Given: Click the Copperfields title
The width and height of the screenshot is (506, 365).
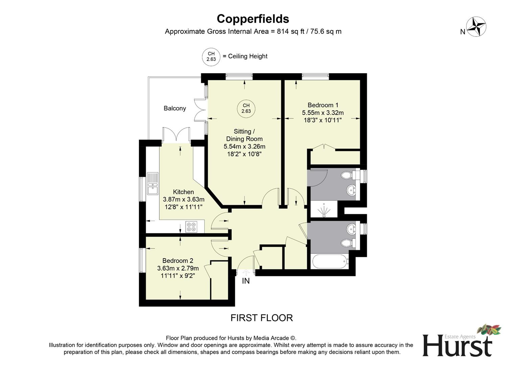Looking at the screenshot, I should point(253,19).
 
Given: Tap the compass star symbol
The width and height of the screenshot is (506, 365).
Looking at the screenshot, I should point(476,27).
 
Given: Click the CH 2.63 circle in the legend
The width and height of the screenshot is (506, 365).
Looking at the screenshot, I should point(211,56).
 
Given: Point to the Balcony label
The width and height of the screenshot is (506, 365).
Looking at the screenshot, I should point(175,108).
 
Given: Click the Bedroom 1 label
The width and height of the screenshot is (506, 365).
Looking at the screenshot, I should point(323,105).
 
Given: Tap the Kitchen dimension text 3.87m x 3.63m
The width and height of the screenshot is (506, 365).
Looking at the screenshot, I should point(183,199).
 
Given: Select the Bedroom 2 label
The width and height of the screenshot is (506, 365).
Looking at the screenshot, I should point(178,261).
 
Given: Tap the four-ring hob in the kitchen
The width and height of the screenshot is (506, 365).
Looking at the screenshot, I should point(191,227).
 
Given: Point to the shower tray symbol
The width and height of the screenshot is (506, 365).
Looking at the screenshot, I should point(324,210).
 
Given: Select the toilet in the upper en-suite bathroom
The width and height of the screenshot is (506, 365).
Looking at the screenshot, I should point(347,175).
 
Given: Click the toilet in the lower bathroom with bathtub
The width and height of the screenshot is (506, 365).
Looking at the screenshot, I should point(347,243).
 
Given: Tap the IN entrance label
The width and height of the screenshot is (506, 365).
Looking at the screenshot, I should point(246,281).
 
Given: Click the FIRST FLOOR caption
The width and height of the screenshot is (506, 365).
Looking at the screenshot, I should point(261,318).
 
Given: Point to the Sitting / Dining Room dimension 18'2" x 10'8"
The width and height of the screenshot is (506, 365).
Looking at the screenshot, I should point(244,154).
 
